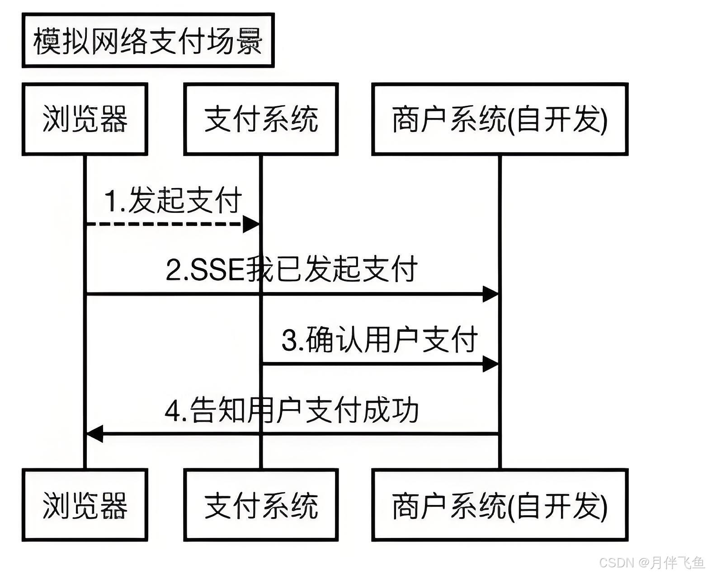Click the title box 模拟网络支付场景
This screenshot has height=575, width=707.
pyautogui.click(x=148, y=41)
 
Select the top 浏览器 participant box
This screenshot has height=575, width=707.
pyautogui.click(x=85, y=119)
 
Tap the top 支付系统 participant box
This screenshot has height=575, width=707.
pyautogui.click(x=261, y=119)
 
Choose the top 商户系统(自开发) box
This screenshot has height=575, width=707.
pyautogui.click(x=500, y=119)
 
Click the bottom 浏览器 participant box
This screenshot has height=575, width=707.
pyautogui.click(x=85, y=505)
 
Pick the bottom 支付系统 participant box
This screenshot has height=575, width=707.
pyautogui.click(x=261, y=505)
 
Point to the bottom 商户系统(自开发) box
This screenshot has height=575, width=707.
pyautogui.click(x=500, y=505)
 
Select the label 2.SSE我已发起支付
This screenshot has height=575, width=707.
pyautogui.click(x=292, y=269)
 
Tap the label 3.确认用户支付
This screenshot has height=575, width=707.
pyautogui.click(x=380, y=339)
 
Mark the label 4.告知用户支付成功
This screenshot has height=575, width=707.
pyautogui.click(x=292, y=410)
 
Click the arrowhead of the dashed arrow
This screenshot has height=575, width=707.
pyautogui.click(x=251, y=224)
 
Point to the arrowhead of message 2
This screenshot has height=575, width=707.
pyautogui.click(x=490, y=294)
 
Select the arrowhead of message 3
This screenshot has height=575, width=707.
pyautogui.click(x=490, y=363)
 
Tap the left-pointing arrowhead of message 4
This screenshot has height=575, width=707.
pyautogui.click(x=94, y=434)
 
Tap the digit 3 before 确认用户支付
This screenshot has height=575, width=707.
pyautogui.click(x=289, y=340)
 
